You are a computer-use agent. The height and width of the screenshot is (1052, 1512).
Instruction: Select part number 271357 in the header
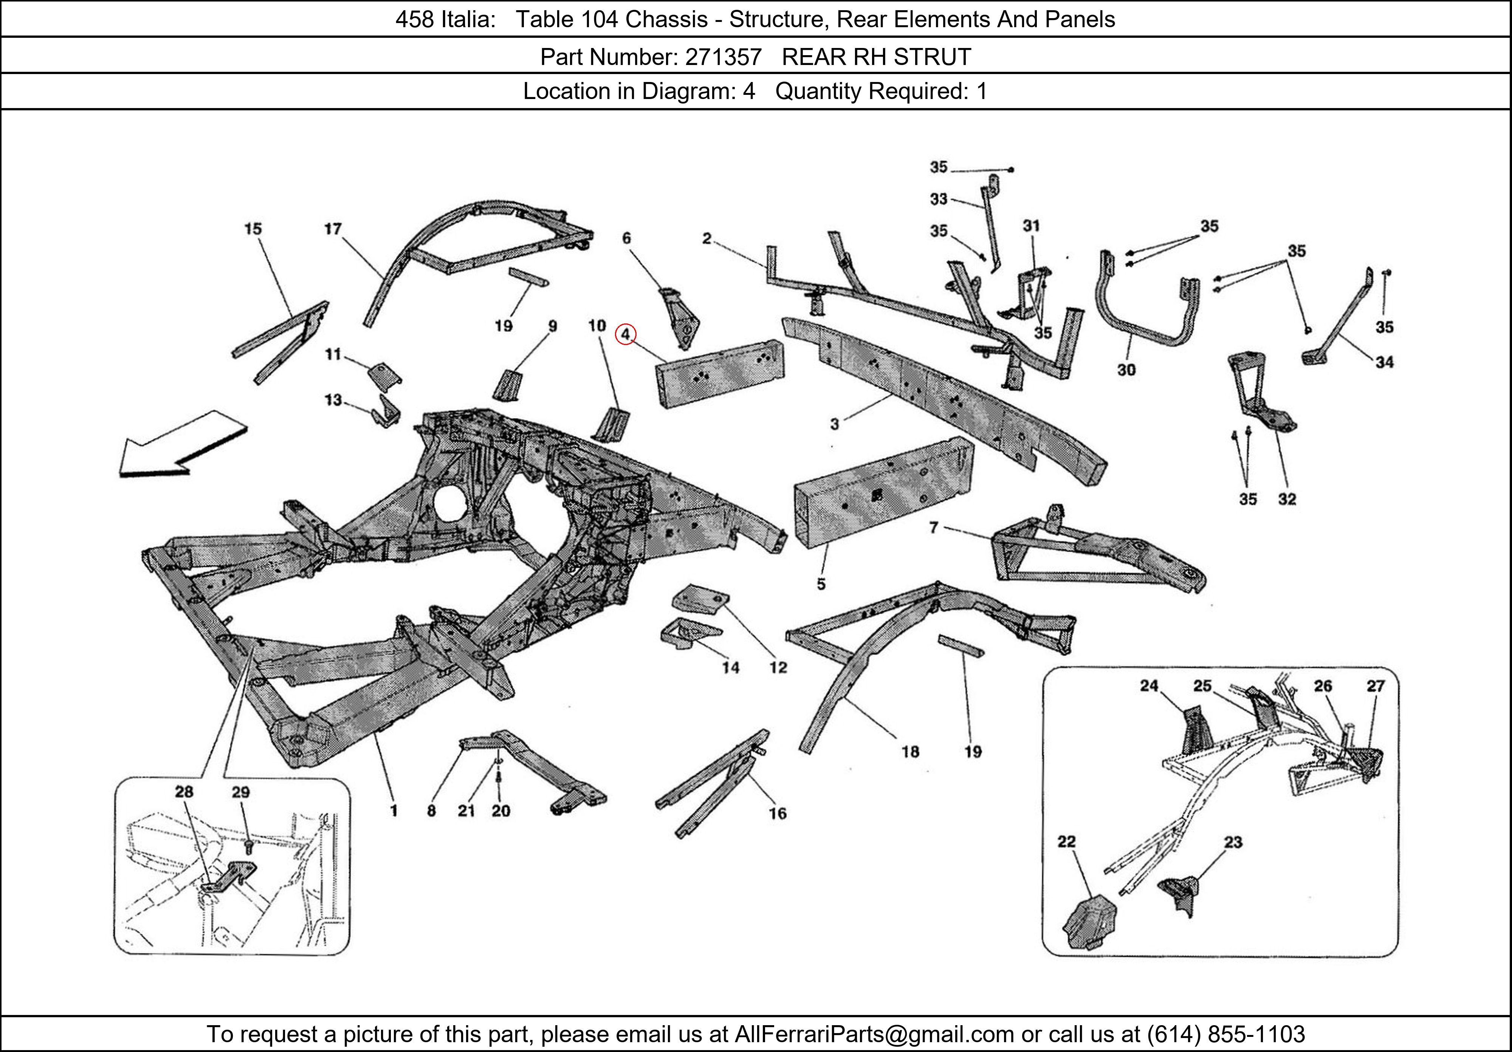click(x=723, y=57)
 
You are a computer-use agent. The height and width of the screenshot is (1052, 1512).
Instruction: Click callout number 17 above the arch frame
click(x=333, y=229)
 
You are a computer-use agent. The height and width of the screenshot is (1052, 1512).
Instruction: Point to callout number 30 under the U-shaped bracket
click(x=1126, y=370)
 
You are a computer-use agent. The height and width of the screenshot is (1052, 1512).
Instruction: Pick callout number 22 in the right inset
click(x=1066, y=842)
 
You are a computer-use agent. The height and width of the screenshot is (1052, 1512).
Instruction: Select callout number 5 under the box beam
click(x=821, y=584)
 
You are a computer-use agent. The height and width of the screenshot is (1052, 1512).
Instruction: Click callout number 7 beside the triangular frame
click(x=933, y=527)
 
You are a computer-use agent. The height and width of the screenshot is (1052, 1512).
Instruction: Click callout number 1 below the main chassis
click(x=394, y=811)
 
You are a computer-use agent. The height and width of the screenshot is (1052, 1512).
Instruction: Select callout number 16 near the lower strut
click(x=778, y=814)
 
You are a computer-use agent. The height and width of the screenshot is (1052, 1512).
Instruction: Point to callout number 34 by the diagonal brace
click(x=1384, y=362)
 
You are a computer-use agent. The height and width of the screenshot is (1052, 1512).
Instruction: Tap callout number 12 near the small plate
click(x=778, y=668)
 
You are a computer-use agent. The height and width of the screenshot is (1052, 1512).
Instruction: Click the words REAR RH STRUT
click(x=876, y=57)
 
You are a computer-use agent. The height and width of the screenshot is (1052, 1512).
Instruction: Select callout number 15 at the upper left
click(x=253, y=229)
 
